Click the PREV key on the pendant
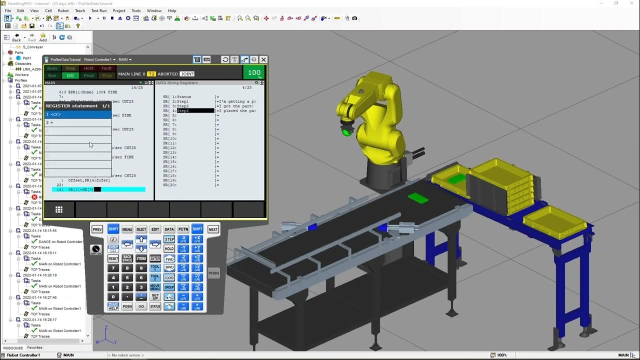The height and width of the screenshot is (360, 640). [x=97, y=229]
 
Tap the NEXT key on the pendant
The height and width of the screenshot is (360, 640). [x=213, y=229]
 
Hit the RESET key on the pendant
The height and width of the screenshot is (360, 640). [x=113, y=258]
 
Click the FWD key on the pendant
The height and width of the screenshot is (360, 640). [x=169, y=258]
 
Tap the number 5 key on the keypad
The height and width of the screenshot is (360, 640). [x=127, y=277]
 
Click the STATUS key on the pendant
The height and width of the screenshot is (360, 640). [x=155, y=306]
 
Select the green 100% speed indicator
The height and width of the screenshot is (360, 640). [x=254, y=73]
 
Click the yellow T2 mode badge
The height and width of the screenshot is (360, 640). [x=151, y=74]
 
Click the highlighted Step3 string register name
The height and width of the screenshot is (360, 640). [x=195, y=111]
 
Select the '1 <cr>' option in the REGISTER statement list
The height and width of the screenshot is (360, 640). [x=77, y=114]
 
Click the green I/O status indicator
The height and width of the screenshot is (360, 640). [x=70, y=75]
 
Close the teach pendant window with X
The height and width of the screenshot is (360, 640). [x=263, y=59]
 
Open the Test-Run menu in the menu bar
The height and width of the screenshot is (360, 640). [x=99, y=10]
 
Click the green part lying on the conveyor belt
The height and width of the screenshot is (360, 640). [x=418, y=198]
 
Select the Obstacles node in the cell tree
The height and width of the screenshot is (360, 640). [x=23, y=63]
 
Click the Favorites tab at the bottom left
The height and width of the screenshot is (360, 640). [x=34, y=347]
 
